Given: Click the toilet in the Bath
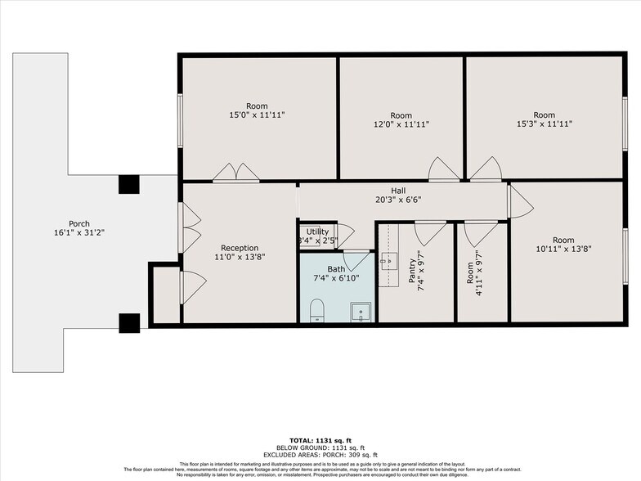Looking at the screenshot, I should [319, 310].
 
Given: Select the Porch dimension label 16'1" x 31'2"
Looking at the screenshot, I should [79, 228].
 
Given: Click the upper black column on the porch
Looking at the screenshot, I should [128, 184].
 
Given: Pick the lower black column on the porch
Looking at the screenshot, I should [128, 323].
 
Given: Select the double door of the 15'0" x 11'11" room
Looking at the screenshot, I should [235, 172].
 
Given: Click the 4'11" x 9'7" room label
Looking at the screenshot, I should [475, 272].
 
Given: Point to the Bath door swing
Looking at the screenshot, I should [357, 260].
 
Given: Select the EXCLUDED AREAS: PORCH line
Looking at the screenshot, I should [320, 454].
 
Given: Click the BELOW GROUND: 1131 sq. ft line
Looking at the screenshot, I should [320, 447].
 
